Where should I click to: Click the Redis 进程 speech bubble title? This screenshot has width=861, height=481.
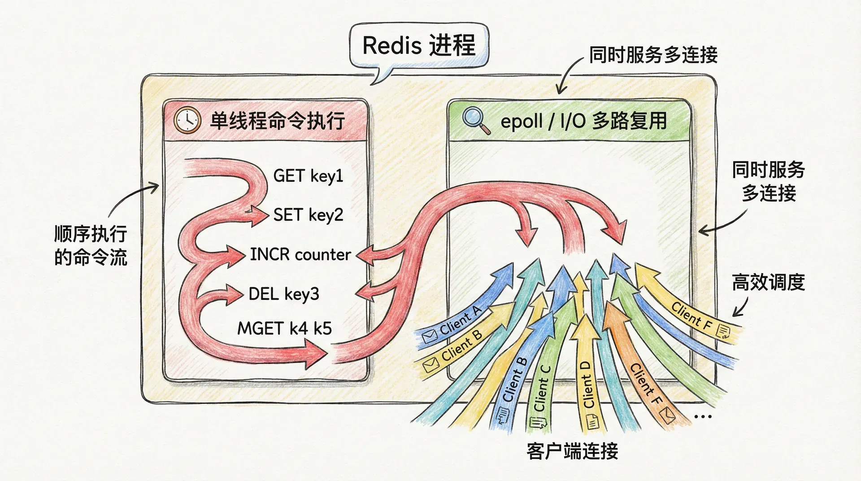(x=418, y=46)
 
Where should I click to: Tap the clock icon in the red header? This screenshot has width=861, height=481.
(x=187, y=120)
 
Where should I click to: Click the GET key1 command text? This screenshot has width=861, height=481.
(x=308, y=176)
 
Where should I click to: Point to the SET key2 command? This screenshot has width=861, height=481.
(x=308, y=215)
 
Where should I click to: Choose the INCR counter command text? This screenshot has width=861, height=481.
(x=300, y=254)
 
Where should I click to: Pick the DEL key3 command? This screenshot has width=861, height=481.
(x=283, y=294)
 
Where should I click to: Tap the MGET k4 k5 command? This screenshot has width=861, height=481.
(x=284, y=328)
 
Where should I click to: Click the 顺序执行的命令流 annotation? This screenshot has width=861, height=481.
(x=91, y=245)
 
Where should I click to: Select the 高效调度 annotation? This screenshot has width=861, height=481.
(x=768, y=283)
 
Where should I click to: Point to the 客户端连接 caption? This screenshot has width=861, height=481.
(x=572, y=451)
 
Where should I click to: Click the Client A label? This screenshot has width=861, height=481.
(x=460, y=320)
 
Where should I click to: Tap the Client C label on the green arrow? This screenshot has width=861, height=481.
(x=542, y=389)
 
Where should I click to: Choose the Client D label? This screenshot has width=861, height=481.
(x=587, y=385)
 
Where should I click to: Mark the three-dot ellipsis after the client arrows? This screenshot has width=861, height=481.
(x=702, y=416)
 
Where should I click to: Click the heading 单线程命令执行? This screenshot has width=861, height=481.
(x=277, y=121)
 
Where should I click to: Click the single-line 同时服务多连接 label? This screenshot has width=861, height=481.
(x=653, y=55)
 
